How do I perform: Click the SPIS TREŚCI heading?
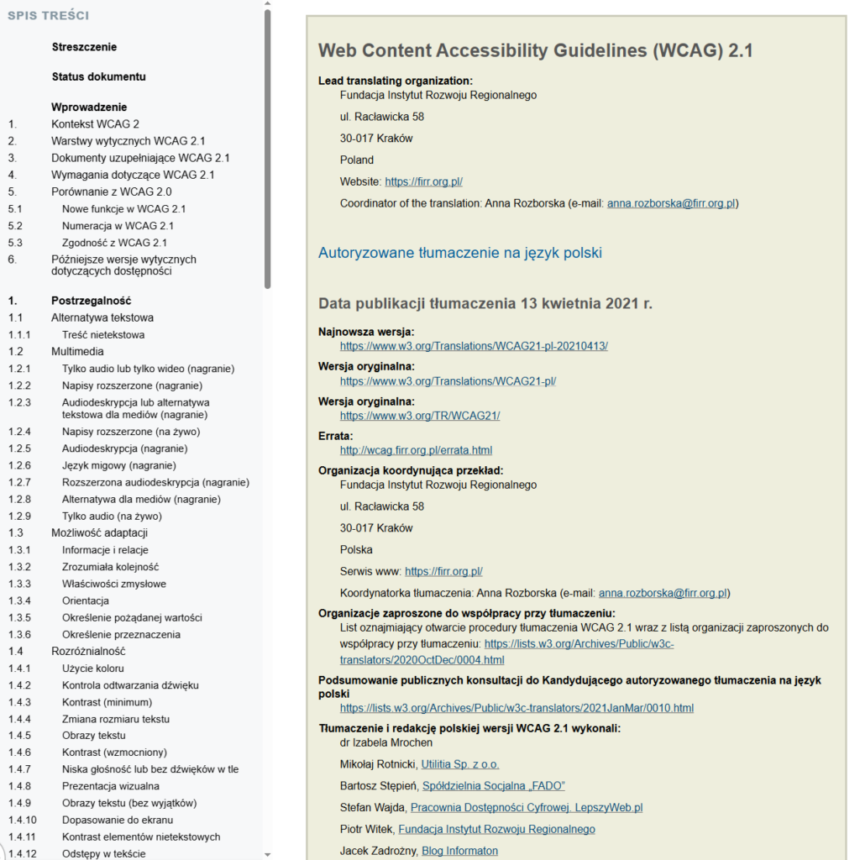(x=48, y=15)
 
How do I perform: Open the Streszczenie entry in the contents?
(x=84, y=47)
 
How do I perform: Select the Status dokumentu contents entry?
(x=98, y=76)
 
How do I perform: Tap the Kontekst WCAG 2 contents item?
(x=95, y=123)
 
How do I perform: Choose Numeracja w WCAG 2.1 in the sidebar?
(x=118, y=225)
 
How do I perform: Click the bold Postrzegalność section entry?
(x=91, y=301)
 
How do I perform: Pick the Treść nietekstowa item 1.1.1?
(x=103, y=334)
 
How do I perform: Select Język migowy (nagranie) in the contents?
(x=118, y=465)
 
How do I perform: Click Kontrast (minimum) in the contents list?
(x=107, y=701)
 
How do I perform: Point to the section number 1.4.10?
(x=23, y=820)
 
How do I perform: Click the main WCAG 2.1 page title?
(x=535, y=50)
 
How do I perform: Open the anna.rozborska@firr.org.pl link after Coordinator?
(x=672, y=203)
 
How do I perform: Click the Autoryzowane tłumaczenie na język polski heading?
(x=459, y=253)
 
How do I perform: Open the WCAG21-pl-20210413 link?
(x=474, y=346)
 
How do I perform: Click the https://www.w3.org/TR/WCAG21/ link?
(x=420, y=416)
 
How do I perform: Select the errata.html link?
(x=416, y=450)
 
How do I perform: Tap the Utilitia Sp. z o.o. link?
(x=461, y=763)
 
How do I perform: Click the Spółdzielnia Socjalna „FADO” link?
(x=493, y=785)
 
